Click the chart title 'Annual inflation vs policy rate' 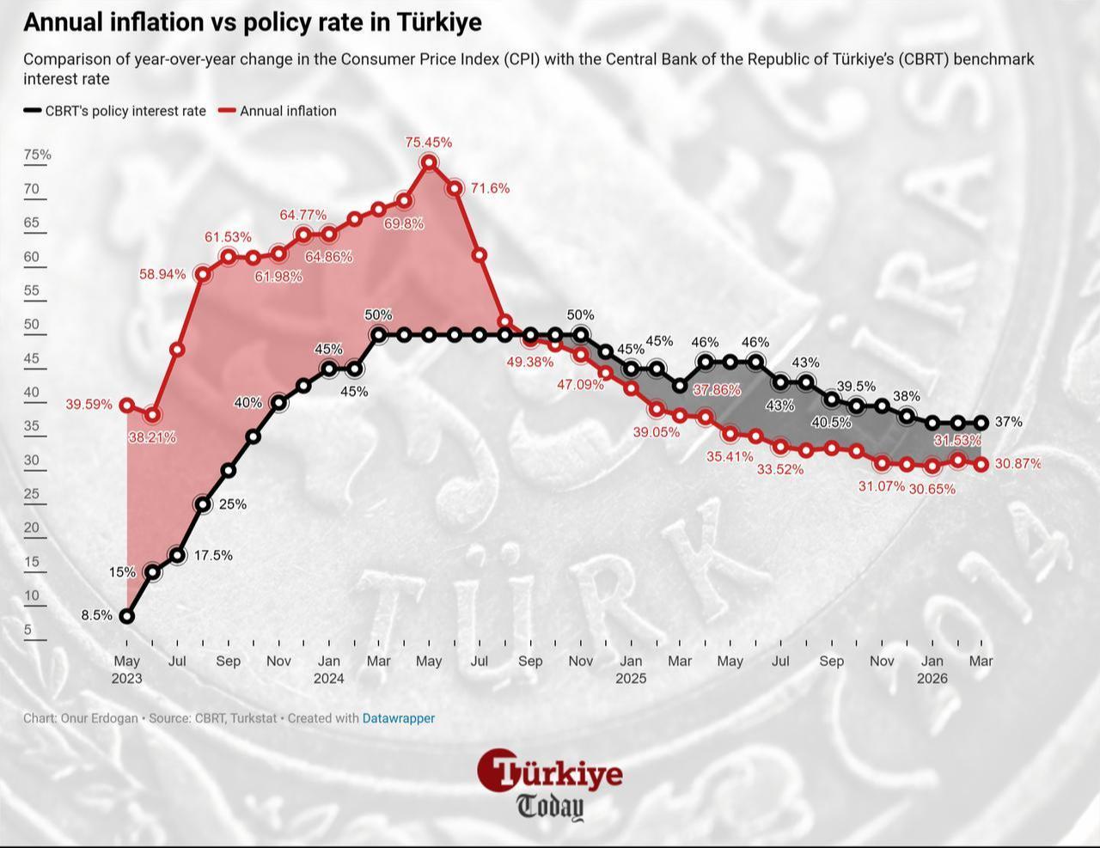click(x=252, y=22)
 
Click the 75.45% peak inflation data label click(x=428, y=143)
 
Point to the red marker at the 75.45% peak click(x=429, y=162)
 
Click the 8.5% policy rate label click(x=96, y=615)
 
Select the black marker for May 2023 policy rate click(x=127, y=616)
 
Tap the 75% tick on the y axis click(x=37, y=155)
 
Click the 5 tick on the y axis click(x=28, y=630)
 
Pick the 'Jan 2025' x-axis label click(x=631, y=669)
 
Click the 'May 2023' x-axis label click(x=127, y=669)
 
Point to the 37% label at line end click(x=1008, y=422)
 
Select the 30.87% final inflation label click(x=1017, y=464)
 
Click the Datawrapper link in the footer click(x=399, y=718)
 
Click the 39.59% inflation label click(x=89, y=405)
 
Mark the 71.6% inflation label click(x=490, y=188)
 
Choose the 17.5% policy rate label click(x=213, y=556)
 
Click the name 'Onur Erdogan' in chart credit click(x=99, y=718)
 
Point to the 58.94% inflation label click(x=162, y=274)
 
